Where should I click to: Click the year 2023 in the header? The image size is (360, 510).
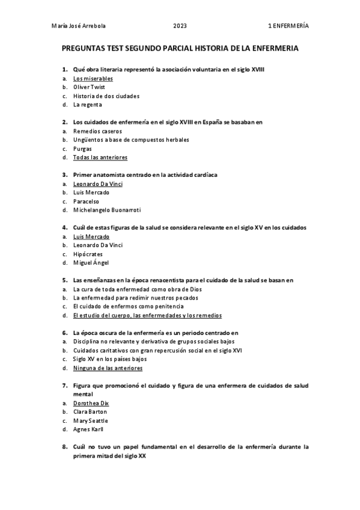click(x=180, y=26)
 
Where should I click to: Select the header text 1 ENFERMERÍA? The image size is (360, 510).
click(x=288, y=26)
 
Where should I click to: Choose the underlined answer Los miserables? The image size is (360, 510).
click(x=93, y=79)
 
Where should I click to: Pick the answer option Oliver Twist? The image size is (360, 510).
click(x=89, y=87)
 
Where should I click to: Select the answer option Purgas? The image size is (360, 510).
click(x=83, y=149)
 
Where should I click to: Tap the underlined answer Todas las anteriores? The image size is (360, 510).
click(x=100, y=158)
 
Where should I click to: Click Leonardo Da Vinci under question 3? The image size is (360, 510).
click(x=97, y=184)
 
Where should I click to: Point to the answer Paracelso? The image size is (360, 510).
click(x=86, y=201)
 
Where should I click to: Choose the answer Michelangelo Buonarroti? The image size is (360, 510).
click(x=106, y=210)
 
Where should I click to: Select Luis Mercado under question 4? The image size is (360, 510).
click(x=91, y=237)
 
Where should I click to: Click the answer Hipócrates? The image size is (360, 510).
click(x=88, y=254)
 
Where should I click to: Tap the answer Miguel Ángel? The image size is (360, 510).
click(x=91, y=263)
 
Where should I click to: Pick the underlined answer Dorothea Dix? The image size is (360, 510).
click(x=91, y=403)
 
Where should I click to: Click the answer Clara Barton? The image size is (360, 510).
click(x=90, y=412)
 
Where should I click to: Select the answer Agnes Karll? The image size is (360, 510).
click(x=88, y=429)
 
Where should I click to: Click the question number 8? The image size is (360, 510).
click(x=64, y=447)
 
